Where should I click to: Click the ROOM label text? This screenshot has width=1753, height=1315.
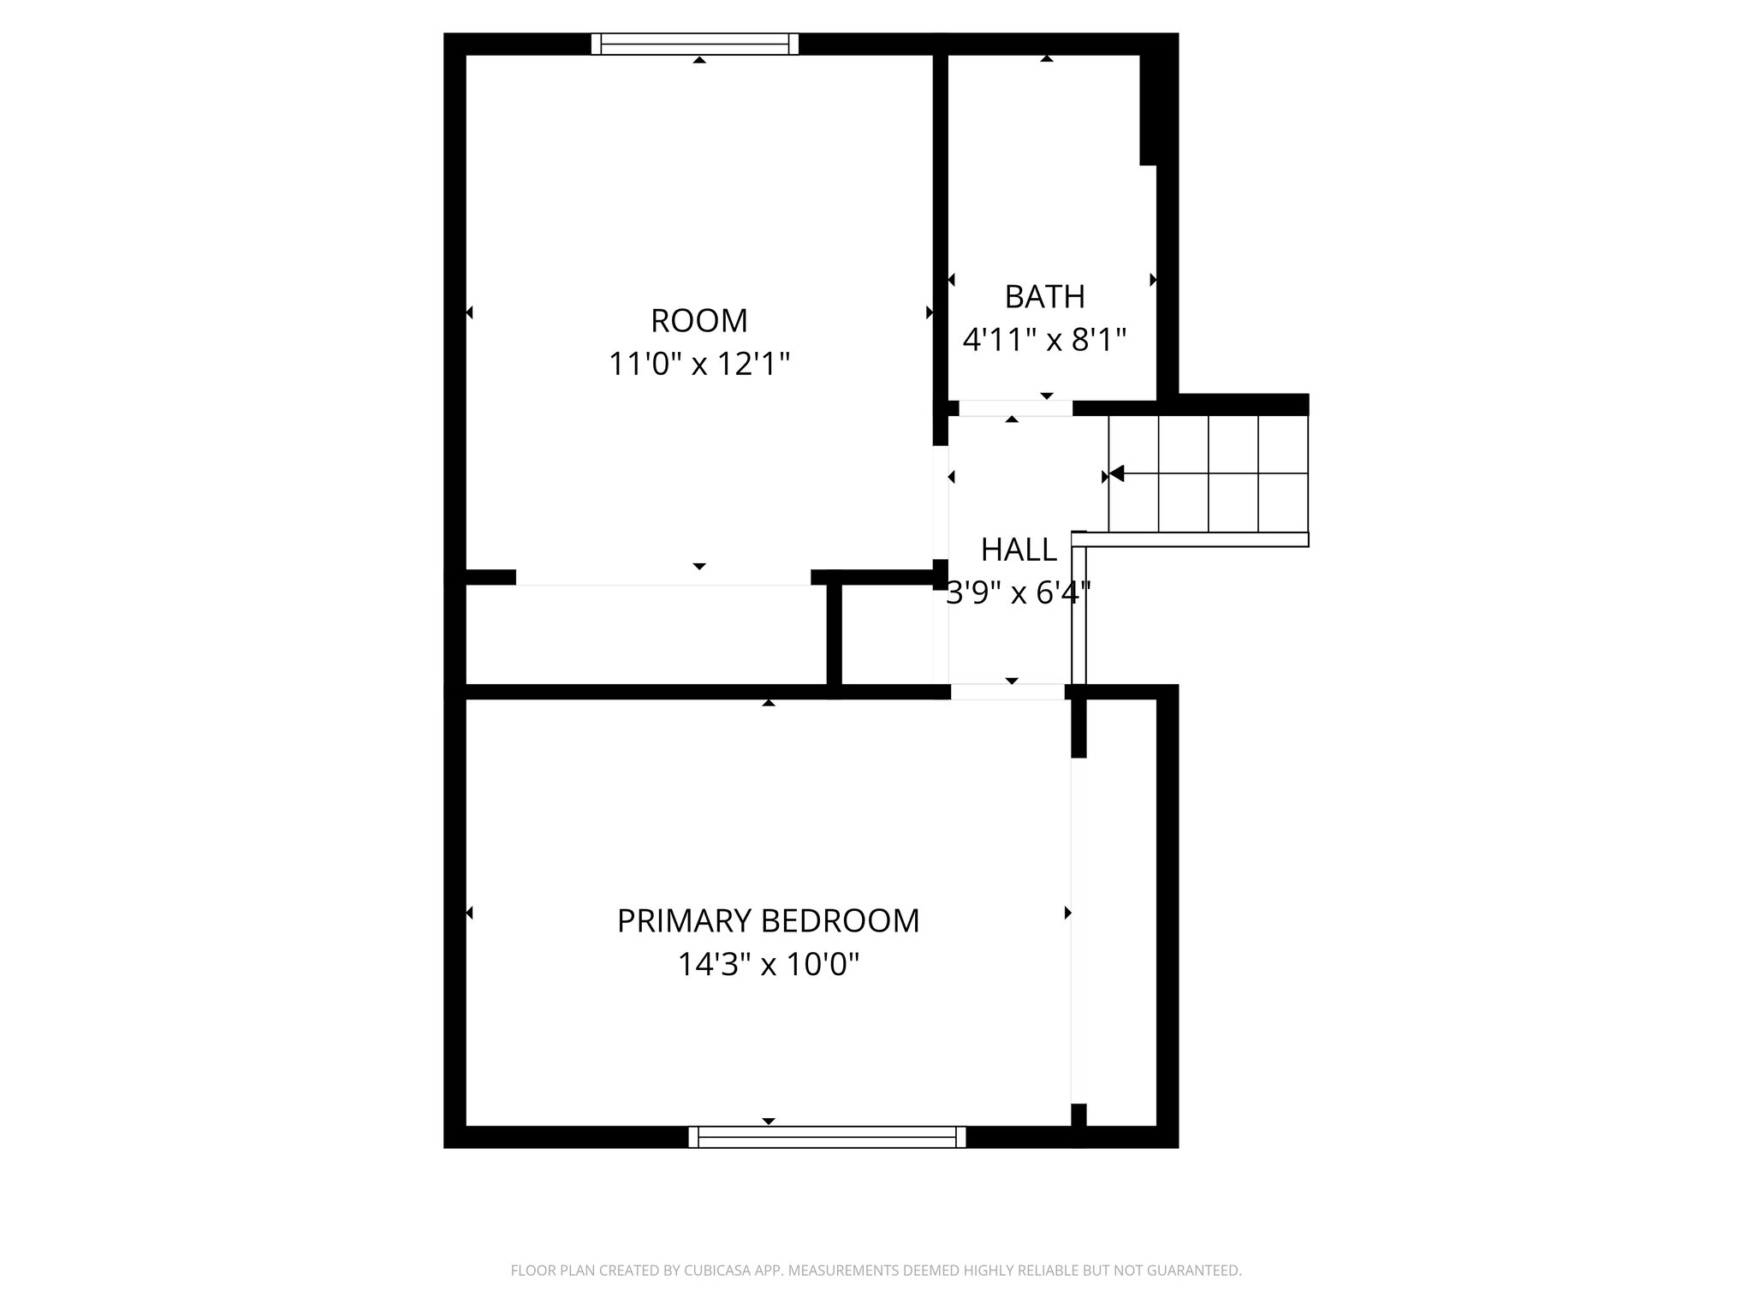[x=699, y=321]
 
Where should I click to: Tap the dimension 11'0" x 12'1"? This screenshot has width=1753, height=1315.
[x=699, y=365]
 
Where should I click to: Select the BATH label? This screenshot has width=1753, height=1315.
[x=1044, y=297]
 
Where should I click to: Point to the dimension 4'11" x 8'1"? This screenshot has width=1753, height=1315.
[x=1044, y=341]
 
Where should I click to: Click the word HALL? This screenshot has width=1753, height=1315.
[x=1019, y=550]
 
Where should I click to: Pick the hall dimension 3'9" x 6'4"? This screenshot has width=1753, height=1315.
[x=1019, y=593]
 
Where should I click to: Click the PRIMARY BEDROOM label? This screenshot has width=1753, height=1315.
[x=768, y=921]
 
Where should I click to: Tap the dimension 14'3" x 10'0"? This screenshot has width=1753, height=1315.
[x=768, y=966]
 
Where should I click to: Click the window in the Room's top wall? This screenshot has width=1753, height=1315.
[x=695, y=44]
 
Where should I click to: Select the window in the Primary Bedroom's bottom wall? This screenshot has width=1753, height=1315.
[x=827, y=1137]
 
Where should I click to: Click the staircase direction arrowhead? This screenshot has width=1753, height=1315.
[x=1116, y=473]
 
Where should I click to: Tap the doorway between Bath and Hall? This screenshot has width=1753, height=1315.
[x=1015, y=408]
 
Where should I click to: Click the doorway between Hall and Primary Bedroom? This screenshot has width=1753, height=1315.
[x=1007, y=692]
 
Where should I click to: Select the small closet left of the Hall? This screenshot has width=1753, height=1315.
[x=887, y=634]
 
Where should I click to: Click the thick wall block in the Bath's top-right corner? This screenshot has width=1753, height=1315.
[x=1149, y=107]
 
